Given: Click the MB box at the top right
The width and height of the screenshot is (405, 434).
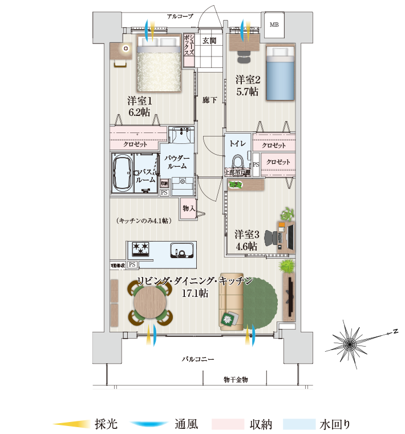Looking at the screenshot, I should click(274, 25).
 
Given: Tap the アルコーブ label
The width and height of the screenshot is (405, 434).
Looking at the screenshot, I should click(180, 17).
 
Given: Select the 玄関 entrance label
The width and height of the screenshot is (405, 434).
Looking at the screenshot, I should click(209, 41).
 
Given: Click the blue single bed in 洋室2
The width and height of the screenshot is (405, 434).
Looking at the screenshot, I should click(280, 73).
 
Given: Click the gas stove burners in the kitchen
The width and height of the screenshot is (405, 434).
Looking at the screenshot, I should click(141, 248).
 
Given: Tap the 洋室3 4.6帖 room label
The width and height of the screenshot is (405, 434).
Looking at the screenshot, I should click(246, 240).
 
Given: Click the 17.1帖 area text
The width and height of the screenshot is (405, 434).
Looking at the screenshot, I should click(195, 293).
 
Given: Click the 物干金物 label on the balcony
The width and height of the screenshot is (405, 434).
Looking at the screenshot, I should click(236, 380).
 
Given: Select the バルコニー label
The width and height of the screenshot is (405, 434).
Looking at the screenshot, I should click(198, 359).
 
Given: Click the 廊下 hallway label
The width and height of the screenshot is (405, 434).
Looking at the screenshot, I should click(209, 100).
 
